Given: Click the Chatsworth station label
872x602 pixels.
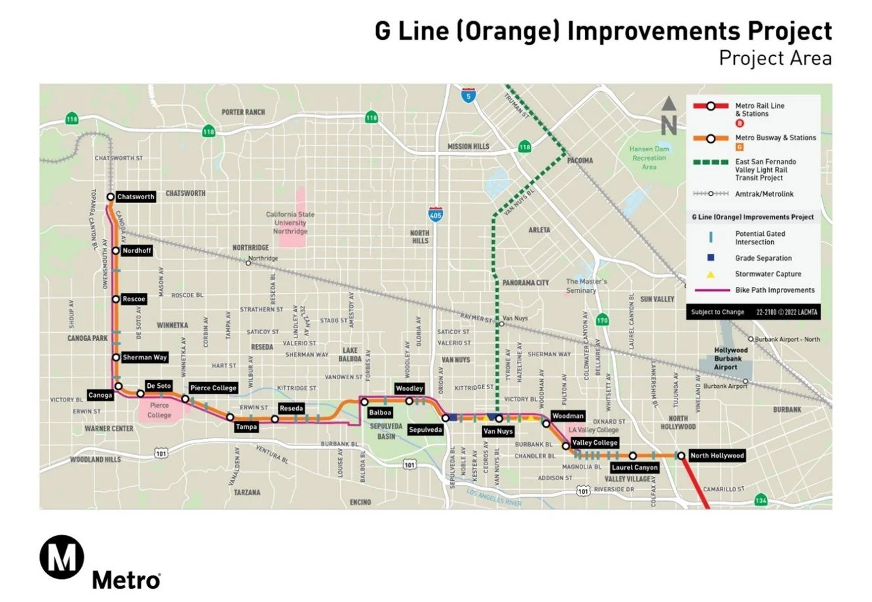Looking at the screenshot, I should point(136,197).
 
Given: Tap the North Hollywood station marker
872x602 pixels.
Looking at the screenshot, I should point(681,456).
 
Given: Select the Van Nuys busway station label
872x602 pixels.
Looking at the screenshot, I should point(498,432).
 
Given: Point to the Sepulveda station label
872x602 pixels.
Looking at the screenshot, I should point(425,430).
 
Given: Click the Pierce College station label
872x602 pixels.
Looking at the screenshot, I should point(214,388).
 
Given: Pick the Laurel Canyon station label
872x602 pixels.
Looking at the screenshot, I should point(634,468).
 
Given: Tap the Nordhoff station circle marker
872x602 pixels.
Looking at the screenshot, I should point(116,251).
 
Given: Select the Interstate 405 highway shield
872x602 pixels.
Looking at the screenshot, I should point(435,215).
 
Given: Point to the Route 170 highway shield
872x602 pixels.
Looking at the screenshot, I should point(603,320).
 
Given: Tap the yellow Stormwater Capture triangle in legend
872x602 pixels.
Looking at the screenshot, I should point(710,274).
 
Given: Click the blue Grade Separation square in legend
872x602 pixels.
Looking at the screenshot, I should point(710,258).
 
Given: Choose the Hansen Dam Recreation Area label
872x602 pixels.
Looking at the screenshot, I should point(649,158).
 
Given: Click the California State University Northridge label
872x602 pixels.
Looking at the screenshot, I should point(290,223).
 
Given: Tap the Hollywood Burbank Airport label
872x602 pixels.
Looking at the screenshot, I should point(732,358).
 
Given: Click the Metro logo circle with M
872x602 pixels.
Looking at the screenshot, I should point(62,558).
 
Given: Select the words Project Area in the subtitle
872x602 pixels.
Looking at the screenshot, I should point(775,58).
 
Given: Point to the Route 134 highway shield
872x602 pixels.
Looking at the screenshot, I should point(761,500).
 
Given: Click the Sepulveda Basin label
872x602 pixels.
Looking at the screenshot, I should point(387,431).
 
